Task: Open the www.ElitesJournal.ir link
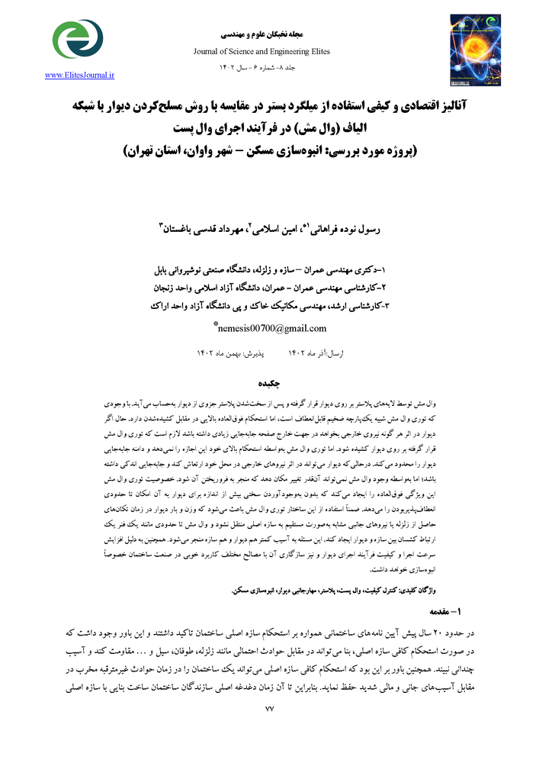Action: click(79, 75)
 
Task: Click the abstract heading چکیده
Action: click(269, 383)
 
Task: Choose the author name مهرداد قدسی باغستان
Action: click(194, 229)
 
